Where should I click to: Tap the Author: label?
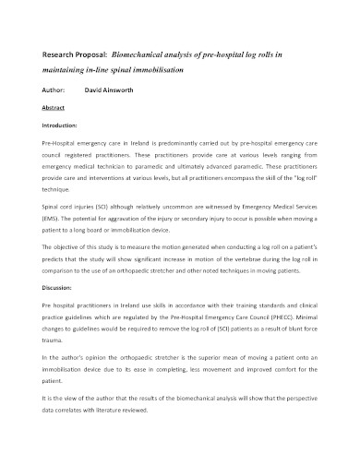pos(54,91)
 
